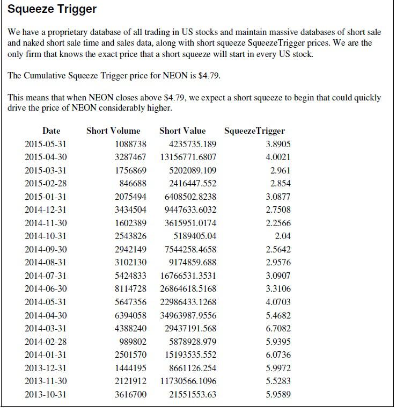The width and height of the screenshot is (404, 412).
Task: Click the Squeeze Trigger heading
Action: (x=52, y=9)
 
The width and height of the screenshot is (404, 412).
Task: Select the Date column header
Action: (x=52, y=131)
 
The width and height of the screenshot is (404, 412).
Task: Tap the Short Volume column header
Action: (x=113, y=131)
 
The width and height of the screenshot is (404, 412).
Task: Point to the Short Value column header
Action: (x=182, y=131)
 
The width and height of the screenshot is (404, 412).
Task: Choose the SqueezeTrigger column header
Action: (x=254, y=131)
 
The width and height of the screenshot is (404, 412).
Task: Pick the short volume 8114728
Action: (x=131, y=289)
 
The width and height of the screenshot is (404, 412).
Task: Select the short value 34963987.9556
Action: (x=188, y=315)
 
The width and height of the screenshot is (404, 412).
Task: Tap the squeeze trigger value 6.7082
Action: (x=278, y=329)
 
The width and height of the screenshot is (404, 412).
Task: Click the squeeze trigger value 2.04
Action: (x=283, y=236)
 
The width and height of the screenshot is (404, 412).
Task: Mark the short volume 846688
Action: (x=133, y=184)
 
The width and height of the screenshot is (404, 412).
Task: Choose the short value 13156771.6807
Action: (x=188, y=157)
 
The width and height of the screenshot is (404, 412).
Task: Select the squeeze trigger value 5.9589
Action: (x=278, y=395)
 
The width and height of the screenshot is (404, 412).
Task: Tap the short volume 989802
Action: (x=133, y=342)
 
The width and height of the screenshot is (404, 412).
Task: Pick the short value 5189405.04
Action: (x=195, y=236)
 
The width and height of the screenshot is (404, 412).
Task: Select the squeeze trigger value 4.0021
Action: (x=278, y=157)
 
